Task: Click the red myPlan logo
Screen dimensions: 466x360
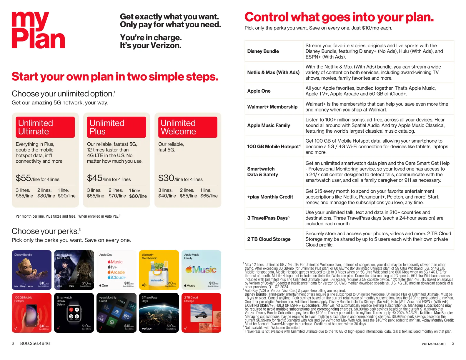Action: tap(38, 30)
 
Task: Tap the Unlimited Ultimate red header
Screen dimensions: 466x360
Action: tap(45, 127)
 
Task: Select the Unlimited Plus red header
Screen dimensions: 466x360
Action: tap(116, 127)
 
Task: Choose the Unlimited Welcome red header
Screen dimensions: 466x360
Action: tap(188, 127)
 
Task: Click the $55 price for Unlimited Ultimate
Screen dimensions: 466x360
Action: tap(24, 178)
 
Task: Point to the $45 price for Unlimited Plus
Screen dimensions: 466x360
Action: tap(95, 178)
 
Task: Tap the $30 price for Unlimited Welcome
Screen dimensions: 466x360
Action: tap(166, 178)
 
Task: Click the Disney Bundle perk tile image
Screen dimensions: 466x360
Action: tap(31, 270)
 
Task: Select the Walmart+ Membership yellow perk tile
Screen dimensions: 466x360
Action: tap(159, 270)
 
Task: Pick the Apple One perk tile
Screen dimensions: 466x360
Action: tap(116, 270)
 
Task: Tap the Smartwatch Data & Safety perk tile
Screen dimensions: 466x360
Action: tap(74, 313)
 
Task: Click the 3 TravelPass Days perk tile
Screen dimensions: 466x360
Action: tap(159, 313)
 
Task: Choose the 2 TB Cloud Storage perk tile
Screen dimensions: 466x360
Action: tap(201, 313)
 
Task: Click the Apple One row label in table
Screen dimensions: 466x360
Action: tap(259, 91)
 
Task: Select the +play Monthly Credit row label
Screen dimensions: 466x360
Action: tap(270, 197)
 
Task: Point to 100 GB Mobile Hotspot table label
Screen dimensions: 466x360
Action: tap(274, 146)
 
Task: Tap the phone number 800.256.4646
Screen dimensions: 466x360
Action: tap(35, 343)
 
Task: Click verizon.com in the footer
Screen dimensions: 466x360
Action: tap(433, 343)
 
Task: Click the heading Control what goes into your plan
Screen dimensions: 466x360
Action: tap(339, 17)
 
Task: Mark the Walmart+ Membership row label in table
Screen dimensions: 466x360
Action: tap(272, 107)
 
